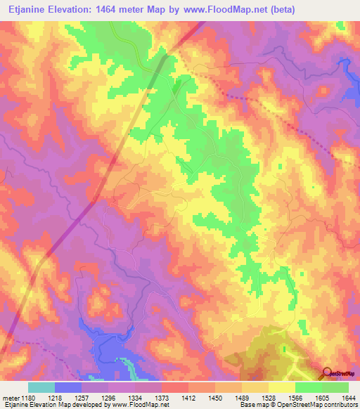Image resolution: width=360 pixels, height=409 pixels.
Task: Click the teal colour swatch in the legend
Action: point(41,387)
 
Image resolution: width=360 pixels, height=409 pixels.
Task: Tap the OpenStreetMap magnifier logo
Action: point(328,372)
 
